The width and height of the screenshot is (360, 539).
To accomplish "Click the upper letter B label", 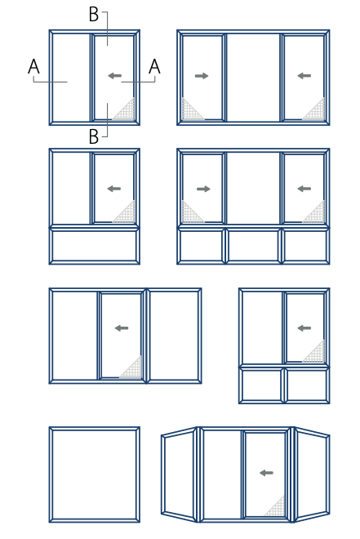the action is pyautogui.click(x=94, y=15).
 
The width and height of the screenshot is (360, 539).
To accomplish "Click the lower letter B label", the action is pyautogui.click(x=94, y=136).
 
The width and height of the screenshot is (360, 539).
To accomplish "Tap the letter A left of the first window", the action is pyautogui.click(x=33, y=66).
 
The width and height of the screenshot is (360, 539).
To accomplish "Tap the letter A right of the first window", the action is pyautogui.click(x=154, y=66).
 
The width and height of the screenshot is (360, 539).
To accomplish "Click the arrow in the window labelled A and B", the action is pyautogui.click(x=115, y=76).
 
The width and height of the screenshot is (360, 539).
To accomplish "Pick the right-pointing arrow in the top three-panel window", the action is pyautogui.click(x=202, y=76).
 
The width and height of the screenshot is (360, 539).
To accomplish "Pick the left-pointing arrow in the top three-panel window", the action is pyautogui.click(x=304, y=76).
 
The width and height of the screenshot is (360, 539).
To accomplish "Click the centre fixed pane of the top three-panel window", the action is pyautogui.click(x=253, y=78).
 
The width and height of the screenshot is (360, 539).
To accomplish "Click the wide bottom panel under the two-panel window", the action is pyautogui.click(x=95, y=246).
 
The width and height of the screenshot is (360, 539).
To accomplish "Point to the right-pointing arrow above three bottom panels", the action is pyautogui.click(x=203, y=189).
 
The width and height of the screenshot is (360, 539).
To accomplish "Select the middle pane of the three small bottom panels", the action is pyautogui.click(x=253, y=246).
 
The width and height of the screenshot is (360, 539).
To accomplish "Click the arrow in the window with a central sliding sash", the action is pyautogui.click(x=122, y=328).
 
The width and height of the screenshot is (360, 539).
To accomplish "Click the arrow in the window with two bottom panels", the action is pyautogui.click(x=304, y=328).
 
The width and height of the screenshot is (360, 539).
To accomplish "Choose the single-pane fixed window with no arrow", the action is pyautogui.click(x=95, y=474).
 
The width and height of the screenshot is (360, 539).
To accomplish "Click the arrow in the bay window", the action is pyautogui.click(x=267, y=473).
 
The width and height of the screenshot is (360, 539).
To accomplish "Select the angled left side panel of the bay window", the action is pyautogui.click(x=179, y=474).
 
